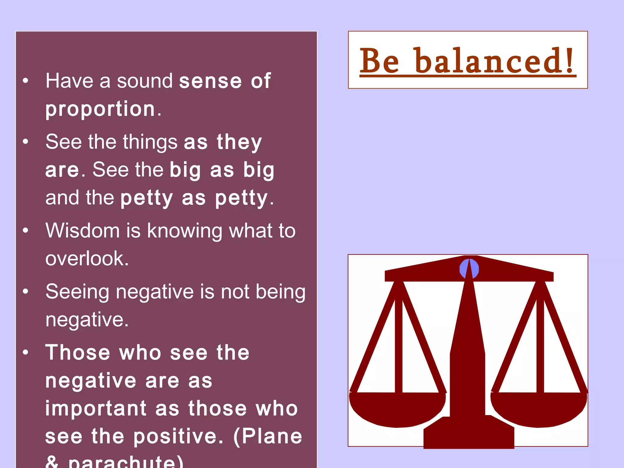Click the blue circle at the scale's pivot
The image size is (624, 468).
[x=469, y=269]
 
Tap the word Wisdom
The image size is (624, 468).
[x=83, y=230]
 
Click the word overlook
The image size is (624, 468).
[x=87, y=258]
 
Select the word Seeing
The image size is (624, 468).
[x=77, y=292]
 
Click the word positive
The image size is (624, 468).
[x=178, y=436]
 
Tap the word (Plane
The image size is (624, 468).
[x=268, y=436]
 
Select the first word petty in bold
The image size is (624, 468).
[x=147, y=198]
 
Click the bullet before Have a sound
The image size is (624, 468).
[x=26, y=81]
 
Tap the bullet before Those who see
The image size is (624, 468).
[x=26, y=353]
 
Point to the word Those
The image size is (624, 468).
[x=78, y=353]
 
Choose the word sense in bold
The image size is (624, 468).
[x=210, y=81]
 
